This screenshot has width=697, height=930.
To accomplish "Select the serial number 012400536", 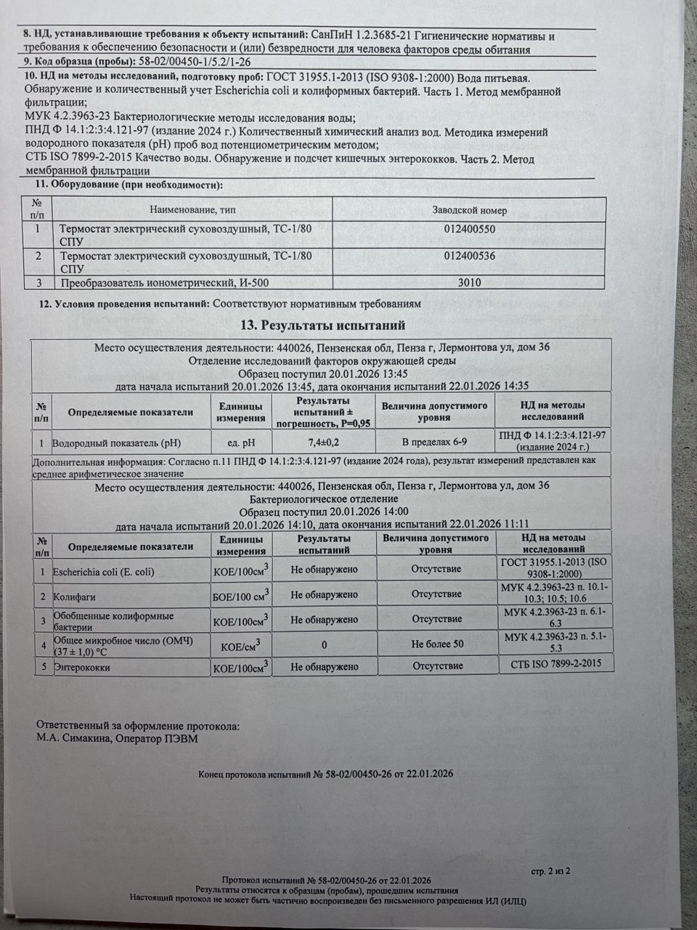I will coord(470,256).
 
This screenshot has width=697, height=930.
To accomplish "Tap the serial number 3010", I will coord(470,283).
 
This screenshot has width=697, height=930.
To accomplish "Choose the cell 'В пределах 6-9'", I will coord(434,441).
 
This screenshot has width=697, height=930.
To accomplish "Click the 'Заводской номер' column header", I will coord(469,211).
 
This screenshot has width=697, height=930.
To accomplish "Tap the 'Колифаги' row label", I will coord(75,597).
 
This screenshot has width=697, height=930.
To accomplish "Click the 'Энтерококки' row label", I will coord(82,667).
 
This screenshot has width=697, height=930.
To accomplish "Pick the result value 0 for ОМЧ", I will coord(324,644).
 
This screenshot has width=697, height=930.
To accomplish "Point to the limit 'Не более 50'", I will coord(436,644).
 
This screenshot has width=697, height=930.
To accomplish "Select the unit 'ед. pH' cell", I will coord(240,441).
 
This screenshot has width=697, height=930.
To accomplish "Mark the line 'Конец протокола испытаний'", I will coord(325,774).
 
